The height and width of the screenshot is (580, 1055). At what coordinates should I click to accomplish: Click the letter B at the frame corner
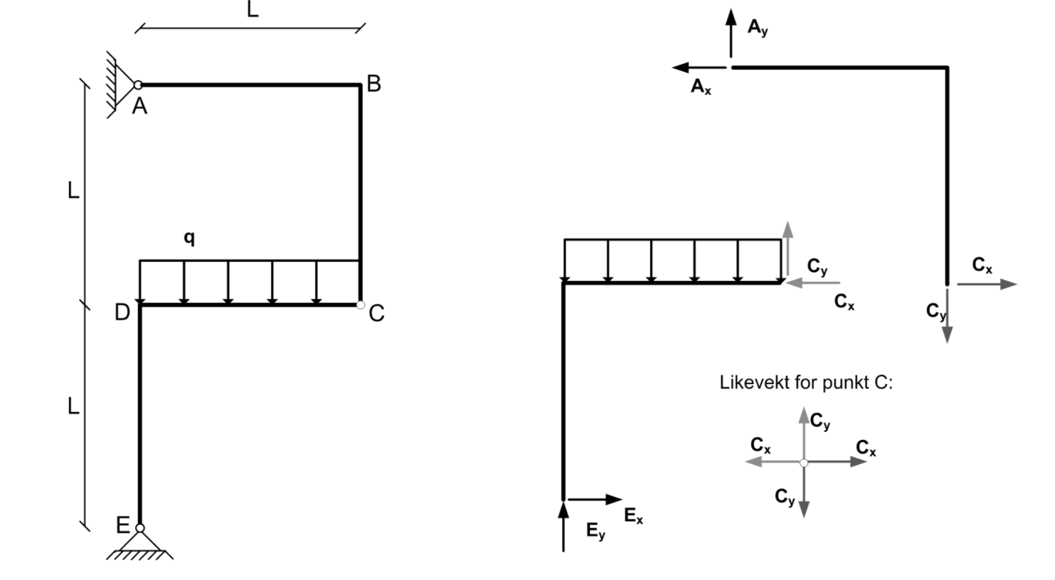373,84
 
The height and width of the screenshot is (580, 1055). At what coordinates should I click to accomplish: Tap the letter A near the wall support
139,106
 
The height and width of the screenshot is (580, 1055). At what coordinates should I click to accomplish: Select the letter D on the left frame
123,312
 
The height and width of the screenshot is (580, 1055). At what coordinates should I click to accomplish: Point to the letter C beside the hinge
376,313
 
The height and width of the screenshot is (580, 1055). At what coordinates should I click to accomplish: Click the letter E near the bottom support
123,525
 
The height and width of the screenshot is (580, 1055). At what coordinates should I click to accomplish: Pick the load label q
189,238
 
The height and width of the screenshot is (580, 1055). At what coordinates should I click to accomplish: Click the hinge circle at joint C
360,305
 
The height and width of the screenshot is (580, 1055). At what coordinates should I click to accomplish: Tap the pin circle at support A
137,86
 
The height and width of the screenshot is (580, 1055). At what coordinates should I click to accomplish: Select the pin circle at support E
140,528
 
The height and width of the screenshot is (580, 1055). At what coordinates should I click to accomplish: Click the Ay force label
758,27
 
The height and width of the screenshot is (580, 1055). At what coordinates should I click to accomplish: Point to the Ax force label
701,87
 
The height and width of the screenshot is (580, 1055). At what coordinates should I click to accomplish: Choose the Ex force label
633,516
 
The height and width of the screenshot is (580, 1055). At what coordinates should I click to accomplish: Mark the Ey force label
596,531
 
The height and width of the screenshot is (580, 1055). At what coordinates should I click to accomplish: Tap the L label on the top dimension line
253,9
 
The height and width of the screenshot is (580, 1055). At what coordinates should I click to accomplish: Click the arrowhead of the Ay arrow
731,17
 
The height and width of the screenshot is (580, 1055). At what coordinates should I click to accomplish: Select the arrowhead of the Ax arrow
680,68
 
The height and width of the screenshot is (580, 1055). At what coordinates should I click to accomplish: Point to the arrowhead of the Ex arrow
614,499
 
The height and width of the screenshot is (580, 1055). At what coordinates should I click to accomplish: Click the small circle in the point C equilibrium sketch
804,463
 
